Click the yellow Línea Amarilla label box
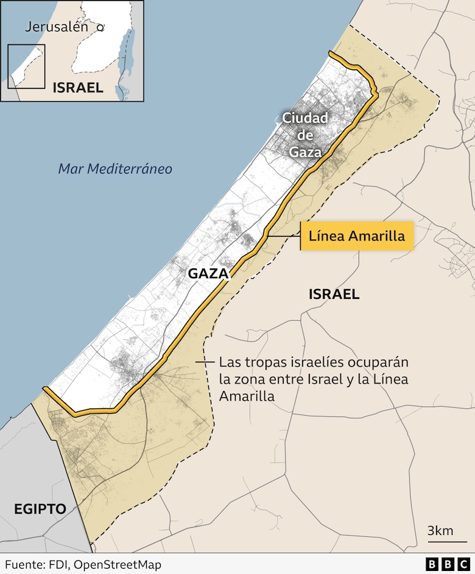(357, 236)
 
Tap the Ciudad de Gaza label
(305, 135)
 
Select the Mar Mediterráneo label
(115, 169)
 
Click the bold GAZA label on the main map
(208, 273)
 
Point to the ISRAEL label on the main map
(334, 295)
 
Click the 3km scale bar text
(440, 530)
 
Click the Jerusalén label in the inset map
(57, 27)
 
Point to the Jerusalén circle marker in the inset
(100, 27)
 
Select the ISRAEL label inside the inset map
(77, 87)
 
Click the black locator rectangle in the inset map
(26, 66)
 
